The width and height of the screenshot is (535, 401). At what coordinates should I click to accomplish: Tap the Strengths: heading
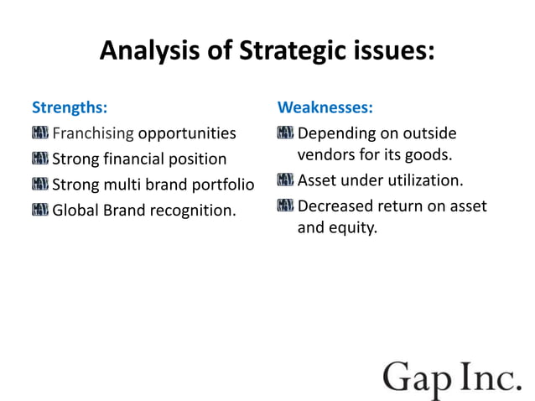pos(69,108)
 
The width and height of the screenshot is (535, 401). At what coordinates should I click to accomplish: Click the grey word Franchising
pos(93,134)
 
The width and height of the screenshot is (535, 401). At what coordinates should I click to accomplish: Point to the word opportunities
pos(187,134)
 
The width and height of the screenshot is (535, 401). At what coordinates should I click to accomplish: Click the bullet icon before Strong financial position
pos(40,159)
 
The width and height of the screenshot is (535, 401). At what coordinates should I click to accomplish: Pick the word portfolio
pos(221,185)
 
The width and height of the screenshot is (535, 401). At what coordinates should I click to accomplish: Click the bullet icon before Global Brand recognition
pos(40,209)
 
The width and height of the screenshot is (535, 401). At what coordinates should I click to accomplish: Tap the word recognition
pos(193,210)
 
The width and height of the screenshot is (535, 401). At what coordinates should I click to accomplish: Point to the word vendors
pos(325,156)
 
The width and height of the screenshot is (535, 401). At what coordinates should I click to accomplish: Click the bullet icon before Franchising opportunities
pos(40,133)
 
